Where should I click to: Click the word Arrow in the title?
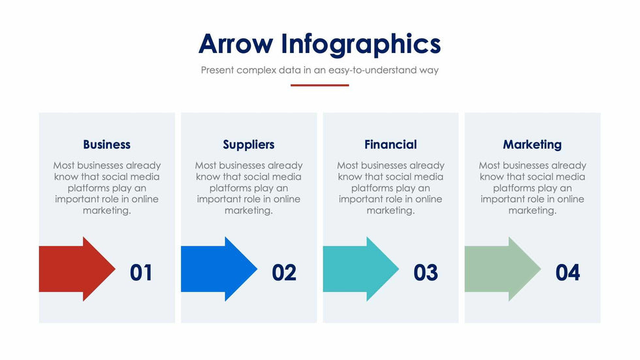(x=236, y=44)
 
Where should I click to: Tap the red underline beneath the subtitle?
(x=319, y=85)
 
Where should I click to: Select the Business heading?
(x=106, y=144)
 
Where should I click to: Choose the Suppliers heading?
(x=248, y=144)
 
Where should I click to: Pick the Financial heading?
(x=391, y=144)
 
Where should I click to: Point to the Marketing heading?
(x=532, y=144)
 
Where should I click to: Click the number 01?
(x=141, y=272)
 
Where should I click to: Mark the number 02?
(x=284, y=272)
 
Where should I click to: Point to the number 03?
(x=426, y=272)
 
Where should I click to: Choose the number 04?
(x=568, y=272)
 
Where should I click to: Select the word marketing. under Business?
(x=106, y=210)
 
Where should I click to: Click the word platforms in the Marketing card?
(x=515, y=188)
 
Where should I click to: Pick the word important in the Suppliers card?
(x=219, y=199)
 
